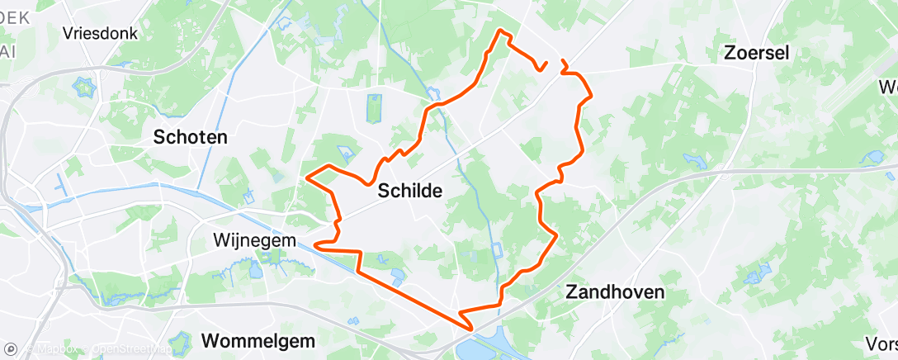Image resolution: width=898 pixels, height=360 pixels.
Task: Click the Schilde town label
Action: pyautogui.click(x=410, y=191)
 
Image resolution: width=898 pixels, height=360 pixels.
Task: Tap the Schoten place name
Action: pyautogui.click(x=191, y=137)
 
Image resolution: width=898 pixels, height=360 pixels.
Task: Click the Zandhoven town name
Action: pyautogui.click(x=615, y=291)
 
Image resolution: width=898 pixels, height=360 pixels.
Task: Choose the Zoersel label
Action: pyautogui.click(x=756, y=53)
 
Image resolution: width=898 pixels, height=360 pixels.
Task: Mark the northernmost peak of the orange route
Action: pyautogui.click(x=500, y=31)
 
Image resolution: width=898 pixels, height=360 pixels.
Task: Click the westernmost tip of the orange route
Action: pyautogui.click(x=308, y=177)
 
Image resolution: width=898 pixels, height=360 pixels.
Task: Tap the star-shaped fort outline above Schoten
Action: pyautogui.click(x=84, y=84)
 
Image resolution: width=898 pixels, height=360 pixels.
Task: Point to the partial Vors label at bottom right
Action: pyautogui.click(x=881, y=343)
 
